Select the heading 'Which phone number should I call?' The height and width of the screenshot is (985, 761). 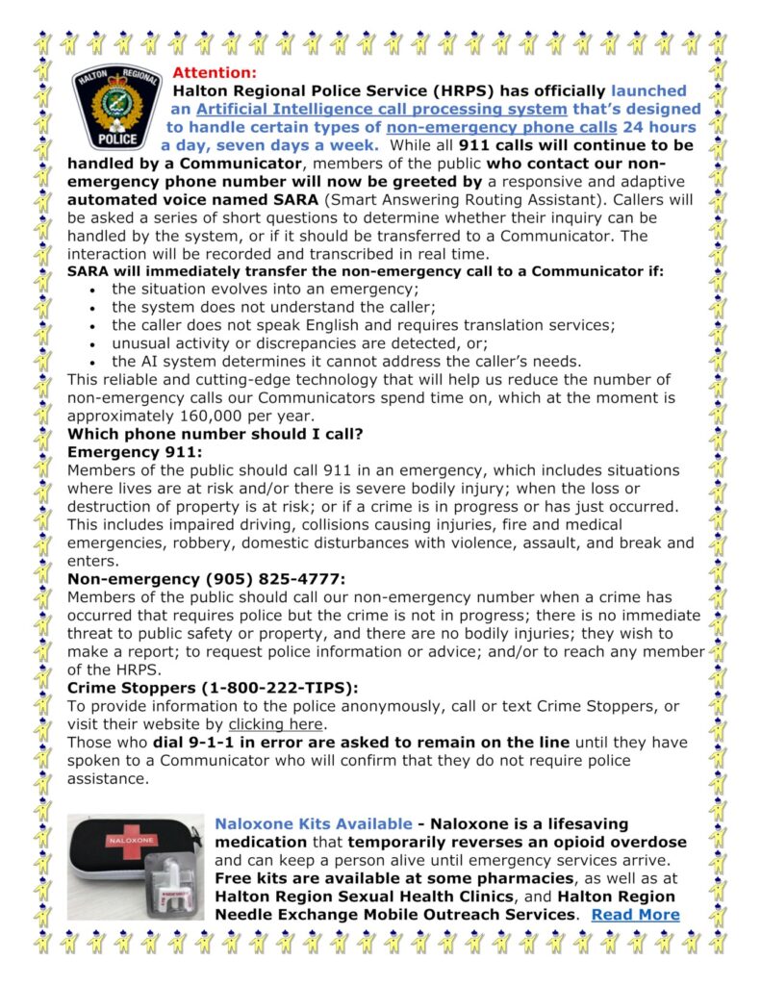tap(215, 434)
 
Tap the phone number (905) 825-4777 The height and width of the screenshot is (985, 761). tap(272, 579)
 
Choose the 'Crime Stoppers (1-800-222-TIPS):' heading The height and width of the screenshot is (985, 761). tap(212, 688)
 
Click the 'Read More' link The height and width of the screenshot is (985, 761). tap(635, 914)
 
